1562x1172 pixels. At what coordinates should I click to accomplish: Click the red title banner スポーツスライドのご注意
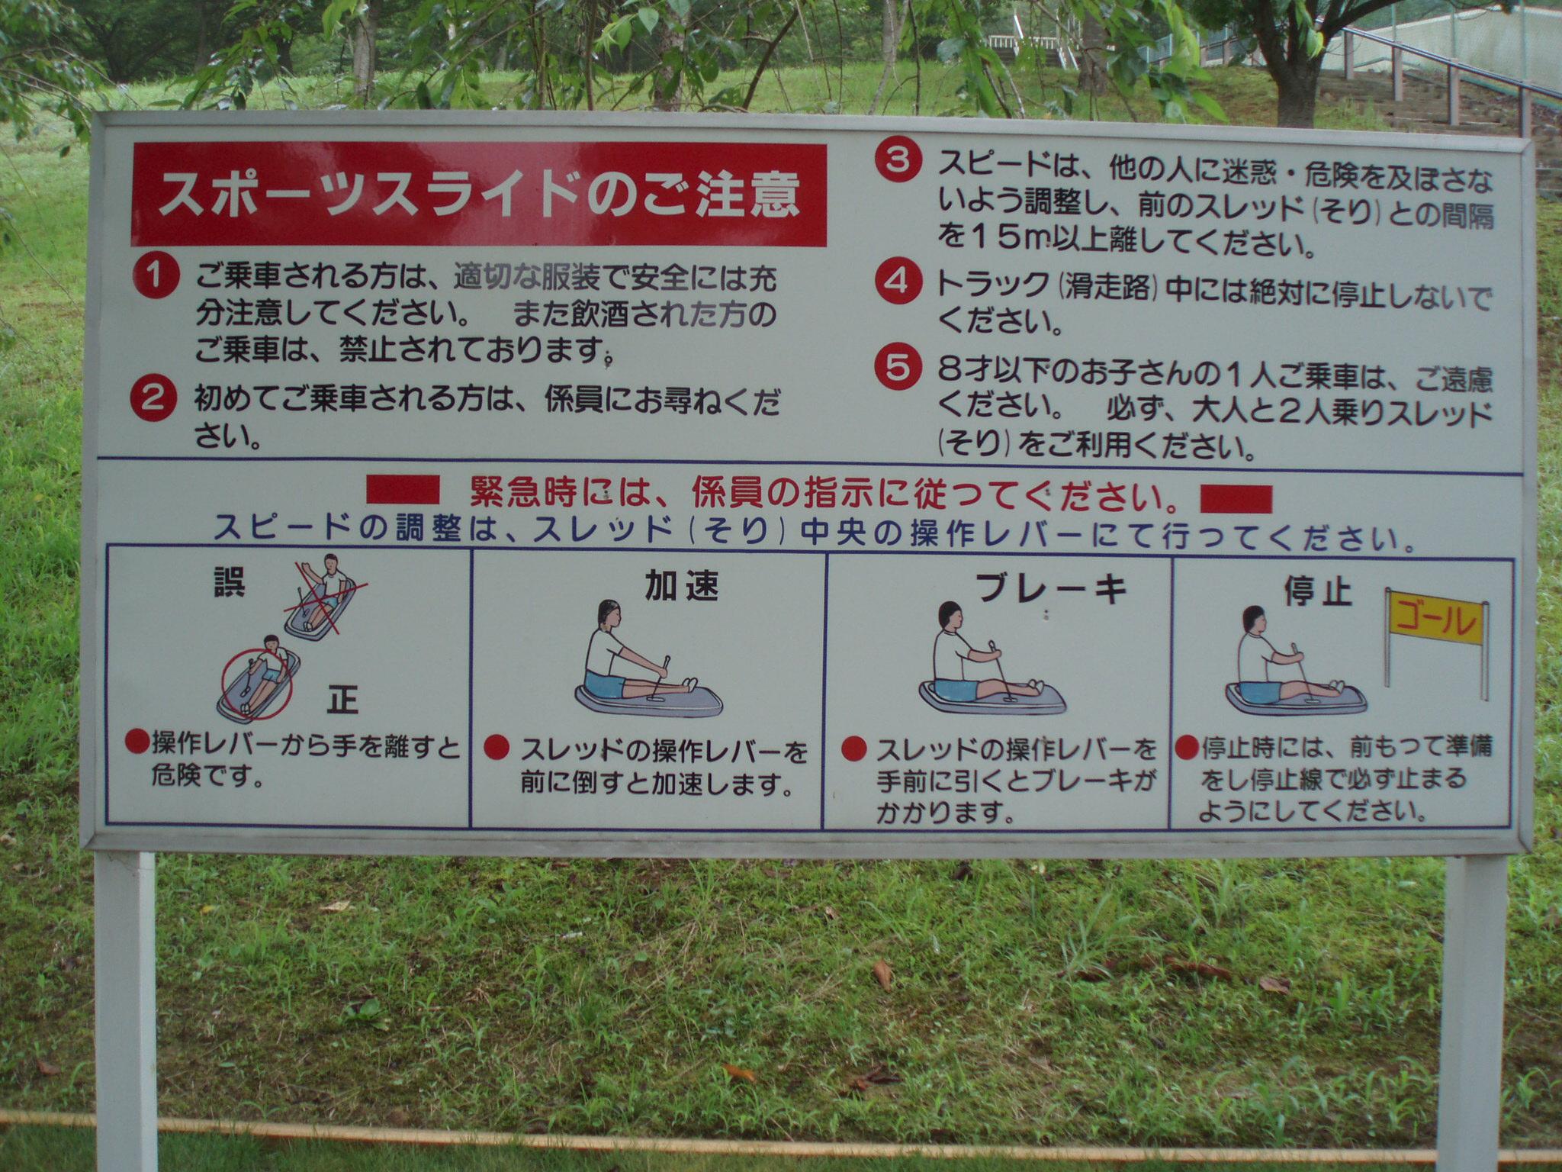click(x=480, y=195)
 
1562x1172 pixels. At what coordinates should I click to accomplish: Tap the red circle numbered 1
click(x=155, y=276)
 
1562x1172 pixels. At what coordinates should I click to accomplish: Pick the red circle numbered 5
click(x=898, y=368)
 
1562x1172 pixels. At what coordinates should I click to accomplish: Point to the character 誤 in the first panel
click(x=228, y=581)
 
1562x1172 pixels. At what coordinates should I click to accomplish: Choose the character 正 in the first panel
click(x=343, y=698)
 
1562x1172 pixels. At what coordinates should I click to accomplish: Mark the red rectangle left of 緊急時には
click(x=403, y=490)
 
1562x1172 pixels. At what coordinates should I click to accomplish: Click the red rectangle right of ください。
click(x=1236, y=499)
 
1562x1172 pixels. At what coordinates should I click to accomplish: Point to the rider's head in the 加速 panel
click(x=609, y=613)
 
